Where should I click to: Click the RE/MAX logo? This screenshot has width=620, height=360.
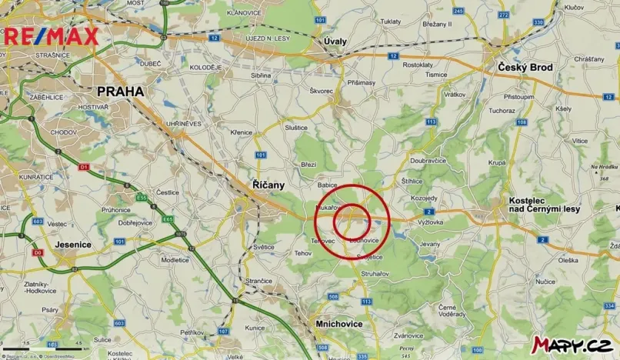click(x=51, y=35)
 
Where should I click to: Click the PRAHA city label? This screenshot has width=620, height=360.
click(x=120, y=91)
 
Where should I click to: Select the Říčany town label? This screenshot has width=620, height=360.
click(x=268, y=185)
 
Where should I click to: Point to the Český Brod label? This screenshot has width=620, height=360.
click(x=525, y=68)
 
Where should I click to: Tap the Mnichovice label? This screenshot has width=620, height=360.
click(x=339, y=324)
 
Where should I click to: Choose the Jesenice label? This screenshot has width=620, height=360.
click(x=74, y=244)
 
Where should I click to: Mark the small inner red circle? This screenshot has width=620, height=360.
click(x=352, y=222)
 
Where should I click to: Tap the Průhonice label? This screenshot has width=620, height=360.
click(x=115, y=209)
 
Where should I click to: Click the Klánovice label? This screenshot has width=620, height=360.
click(x=245, y=13)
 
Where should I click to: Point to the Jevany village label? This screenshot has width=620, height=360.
click(x=430, y=244)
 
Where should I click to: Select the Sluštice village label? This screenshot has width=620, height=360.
click(x=296, y=127)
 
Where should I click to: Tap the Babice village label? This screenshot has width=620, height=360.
click(x=328, y=185)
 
